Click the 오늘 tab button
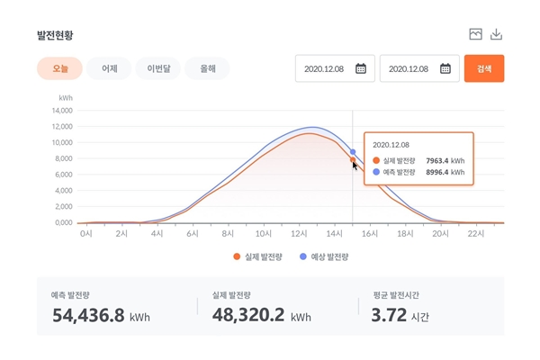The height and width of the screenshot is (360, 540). (59, 68)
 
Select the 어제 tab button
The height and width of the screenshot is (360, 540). (109, 68)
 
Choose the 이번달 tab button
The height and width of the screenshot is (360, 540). (157, 68)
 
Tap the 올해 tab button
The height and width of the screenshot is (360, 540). (206, 68)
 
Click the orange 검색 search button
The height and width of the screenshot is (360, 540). (483, 68)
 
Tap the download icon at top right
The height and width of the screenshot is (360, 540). (496, 35)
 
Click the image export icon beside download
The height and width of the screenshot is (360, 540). (475, 35)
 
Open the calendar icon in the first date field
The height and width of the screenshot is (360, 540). (360, 68)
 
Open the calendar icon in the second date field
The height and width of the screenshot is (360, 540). (445, 68)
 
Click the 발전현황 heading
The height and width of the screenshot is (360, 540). (55, 35)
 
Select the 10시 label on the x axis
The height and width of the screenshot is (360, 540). (264, 234)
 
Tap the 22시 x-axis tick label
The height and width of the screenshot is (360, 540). (475, 234)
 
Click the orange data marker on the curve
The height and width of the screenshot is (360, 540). (353, 160)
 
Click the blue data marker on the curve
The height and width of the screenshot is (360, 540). (353, 152)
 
